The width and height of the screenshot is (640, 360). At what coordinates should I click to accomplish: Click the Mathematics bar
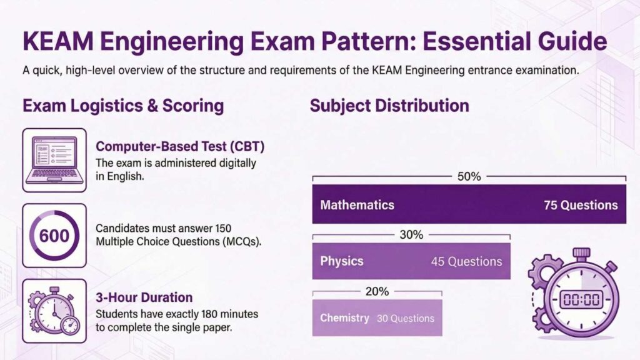tap(469, 204)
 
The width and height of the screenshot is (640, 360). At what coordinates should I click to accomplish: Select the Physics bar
tap(411, 261)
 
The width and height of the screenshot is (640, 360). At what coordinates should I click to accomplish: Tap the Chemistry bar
tap(377, 318)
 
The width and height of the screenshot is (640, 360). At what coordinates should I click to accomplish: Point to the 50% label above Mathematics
tap(469, 177)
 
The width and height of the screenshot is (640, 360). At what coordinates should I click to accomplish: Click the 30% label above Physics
tap(411, 234)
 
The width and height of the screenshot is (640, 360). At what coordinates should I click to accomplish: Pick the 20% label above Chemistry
tap(377, 291)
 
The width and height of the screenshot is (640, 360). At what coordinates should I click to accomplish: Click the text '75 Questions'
tap(581, 205)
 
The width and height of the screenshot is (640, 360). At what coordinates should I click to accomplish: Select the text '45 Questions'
tap(466, 261)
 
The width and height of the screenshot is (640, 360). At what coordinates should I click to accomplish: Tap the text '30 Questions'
tap(405, 318)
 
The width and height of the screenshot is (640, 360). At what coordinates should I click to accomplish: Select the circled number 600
tap(54, 236)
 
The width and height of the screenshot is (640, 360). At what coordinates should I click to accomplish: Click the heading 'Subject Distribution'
tap(389, 106)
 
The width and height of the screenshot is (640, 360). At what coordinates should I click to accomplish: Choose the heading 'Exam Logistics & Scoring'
tap(123, 106)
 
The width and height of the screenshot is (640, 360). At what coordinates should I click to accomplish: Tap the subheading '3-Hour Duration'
tap(144, 297)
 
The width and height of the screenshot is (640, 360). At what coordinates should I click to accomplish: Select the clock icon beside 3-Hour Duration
tap(54, 311)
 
